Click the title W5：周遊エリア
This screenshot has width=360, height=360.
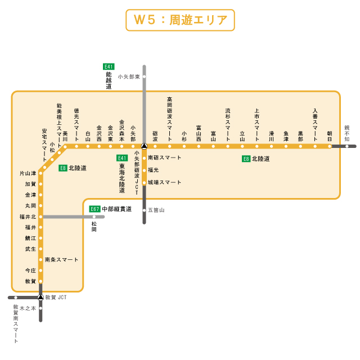coord(180,20)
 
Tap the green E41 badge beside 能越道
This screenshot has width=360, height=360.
coord(109,66)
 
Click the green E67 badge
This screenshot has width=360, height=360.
coord(95,209)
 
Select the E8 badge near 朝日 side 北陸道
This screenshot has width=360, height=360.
coord(246,159)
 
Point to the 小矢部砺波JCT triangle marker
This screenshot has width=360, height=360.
coord(144,146)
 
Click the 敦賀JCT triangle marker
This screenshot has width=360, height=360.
coord(40,296)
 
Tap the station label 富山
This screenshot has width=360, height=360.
coord(213,134)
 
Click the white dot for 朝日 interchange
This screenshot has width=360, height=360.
coord(330,146)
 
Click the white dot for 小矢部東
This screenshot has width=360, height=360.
coord(144,76)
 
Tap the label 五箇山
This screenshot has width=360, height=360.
coord(156,210)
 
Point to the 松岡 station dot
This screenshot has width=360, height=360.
coord(94,217)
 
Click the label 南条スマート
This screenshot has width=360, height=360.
coord(61,259)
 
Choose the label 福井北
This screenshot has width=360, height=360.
coord(27,217)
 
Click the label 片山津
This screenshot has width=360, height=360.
coord(26,173)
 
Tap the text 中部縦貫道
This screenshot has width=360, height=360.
coord(117,209)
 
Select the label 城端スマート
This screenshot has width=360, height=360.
coord(165,182)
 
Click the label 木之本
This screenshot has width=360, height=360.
coord(27,308)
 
